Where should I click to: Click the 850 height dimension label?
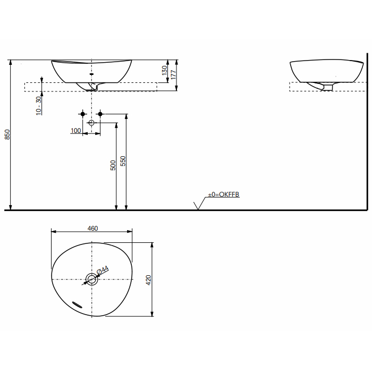pyautogui.click(x=7, y=136)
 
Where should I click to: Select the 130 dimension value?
pyautogui.click(x=164, y=70)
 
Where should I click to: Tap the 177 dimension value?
pyautogui.click(x=173, y=75)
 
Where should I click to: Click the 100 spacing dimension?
pyautogui.click(x=75, y=130)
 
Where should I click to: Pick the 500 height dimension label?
pyautogui.click(x=113, y=165)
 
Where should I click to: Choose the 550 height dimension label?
pyautogui.click(x=122, y=162)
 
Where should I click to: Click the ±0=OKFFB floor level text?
pyautogui.click(x=223, y=195)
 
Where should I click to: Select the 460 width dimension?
pyautogui.click(x=92, y=229)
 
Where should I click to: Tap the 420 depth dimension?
pyautogui.click(x=149, y=280)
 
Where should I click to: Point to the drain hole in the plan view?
pyautogui.click(x=91, y=279)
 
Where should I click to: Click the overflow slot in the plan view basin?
pyautogui.click(x=78, y=305)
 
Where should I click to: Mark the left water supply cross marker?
pyautogui.click(x=82, y=114)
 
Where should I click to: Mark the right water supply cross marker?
pyautogui.click(x=100, y=114)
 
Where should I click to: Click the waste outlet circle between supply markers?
pyautogui.click(x=91, y=123)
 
